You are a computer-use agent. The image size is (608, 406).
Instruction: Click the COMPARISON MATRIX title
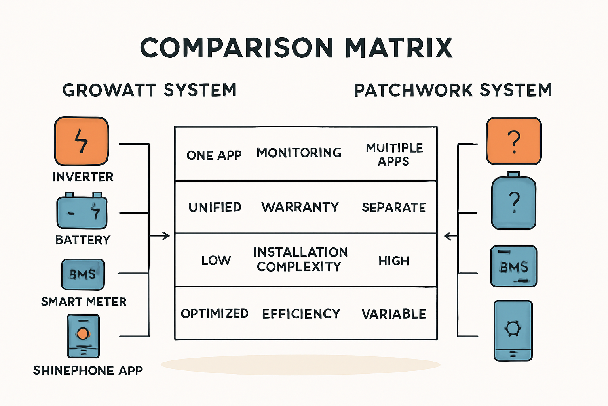point(296,48)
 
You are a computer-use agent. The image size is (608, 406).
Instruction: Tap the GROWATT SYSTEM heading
point(149,90)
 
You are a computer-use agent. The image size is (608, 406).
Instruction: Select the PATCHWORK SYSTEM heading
point(453,90)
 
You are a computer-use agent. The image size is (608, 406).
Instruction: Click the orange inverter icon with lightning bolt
point(81,141)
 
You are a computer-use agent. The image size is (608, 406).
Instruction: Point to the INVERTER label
point(83,177)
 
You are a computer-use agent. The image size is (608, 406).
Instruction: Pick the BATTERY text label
point(83,240)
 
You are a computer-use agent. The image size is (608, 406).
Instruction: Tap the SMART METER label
point(84,302)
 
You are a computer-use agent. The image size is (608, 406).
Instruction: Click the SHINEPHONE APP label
point(87,370)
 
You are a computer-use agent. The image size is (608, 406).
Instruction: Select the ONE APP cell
point(214,155)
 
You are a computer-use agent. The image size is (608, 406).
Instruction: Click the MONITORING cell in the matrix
point(299,153)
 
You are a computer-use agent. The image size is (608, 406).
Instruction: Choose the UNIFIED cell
point(215,207)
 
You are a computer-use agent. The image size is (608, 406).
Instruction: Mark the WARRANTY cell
point(300,207)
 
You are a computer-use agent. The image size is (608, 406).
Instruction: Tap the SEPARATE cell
point(394,207)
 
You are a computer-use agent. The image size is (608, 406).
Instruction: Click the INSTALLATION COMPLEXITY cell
point(300,259)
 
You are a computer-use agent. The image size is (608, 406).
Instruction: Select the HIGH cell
point(394,261)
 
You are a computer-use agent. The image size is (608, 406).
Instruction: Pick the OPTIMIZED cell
point(215,314)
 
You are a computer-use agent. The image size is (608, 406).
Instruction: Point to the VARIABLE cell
point(394,314)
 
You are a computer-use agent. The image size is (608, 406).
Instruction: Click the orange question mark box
point(514,141)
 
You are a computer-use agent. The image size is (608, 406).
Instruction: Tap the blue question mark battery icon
point(514,202)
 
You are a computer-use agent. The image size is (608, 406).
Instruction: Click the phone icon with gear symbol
point(513,330)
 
